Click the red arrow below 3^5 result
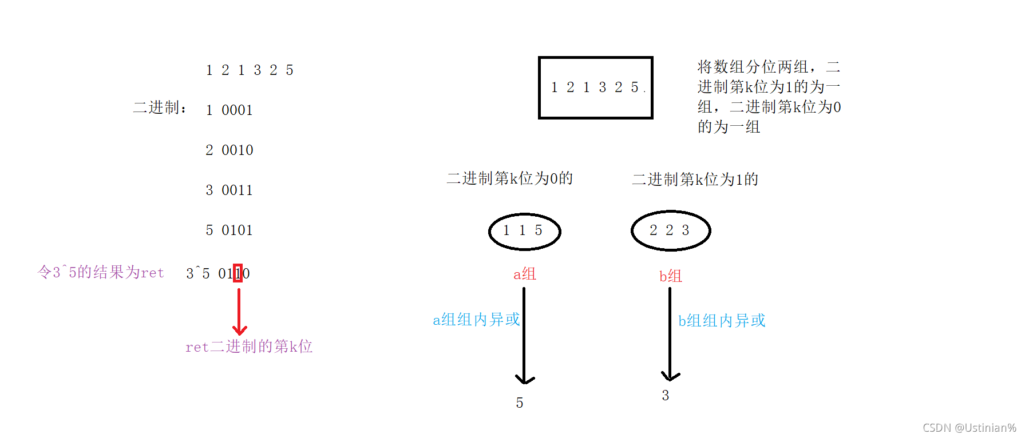[x=239, y=312]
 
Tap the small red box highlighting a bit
[x=238, y=273]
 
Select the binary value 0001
[x=237, y=110]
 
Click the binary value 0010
[x=237, y=150]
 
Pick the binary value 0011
[x=237, y=190]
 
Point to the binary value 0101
[x=237, y=230]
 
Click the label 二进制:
[x=160, y=107]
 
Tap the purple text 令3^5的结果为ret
[x=101, y=272]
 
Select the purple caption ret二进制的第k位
[x=249, y=347]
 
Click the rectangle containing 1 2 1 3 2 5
[x=595, y=87]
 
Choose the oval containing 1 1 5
[x=524, y=231]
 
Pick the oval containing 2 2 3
[x=670, y=230]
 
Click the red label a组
[x=524, y=274]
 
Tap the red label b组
[x=670, y=276]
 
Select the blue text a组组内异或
[x=476, y=320]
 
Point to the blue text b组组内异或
[x=722, y=321]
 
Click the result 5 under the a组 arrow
[x=520, y=403]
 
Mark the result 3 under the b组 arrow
[x=665, y=396]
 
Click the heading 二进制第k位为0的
[x=509, y=178]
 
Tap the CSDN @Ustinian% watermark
[x=969, y=428]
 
